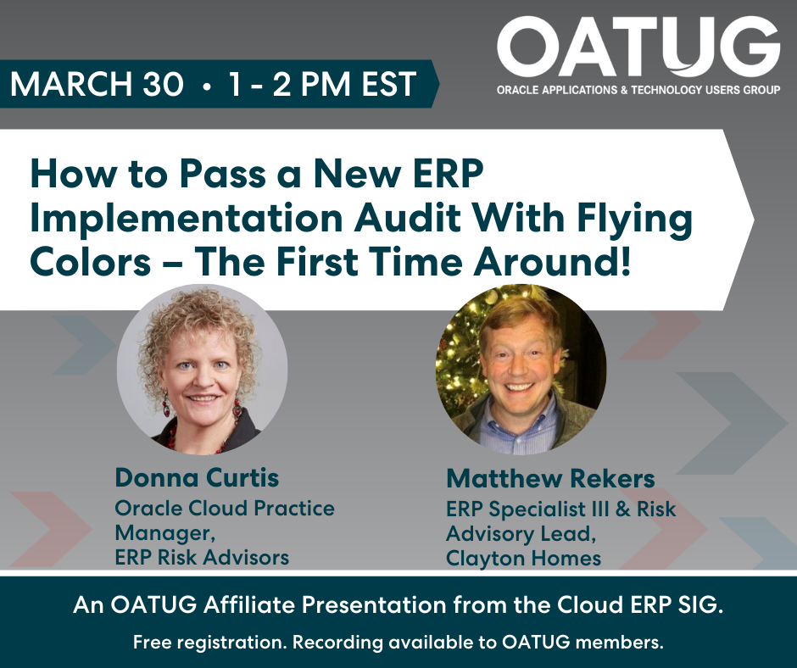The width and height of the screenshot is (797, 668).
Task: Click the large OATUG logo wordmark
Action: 638,47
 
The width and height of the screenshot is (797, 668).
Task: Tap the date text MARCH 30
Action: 97,84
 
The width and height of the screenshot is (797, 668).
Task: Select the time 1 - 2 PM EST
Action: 322,84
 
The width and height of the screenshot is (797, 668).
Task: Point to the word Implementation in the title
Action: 187,219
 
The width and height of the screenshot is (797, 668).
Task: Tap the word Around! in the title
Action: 553,262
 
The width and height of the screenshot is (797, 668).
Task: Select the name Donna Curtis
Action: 198,478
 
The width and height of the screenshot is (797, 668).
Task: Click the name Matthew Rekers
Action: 550,479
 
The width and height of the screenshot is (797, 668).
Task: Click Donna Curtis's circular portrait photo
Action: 203,369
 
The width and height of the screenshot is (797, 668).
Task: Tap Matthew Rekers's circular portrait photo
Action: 521,369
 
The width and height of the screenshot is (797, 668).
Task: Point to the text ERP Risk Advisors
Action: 202,558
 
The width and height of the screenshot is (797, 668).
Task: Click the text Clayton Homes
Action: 523,559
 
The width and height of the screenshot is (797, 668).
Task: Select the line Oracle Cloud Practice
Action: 225,509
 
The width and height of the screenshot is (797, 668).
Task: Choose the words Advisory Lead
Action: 521,534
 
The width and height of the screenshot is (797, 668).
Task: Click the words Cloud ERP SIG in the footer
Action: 640,605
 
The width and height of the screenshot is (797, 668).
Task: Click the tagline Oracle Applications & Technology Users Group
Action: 638,90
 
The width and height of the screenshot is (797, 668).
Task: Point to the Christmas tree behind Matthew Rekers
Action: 460,356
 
